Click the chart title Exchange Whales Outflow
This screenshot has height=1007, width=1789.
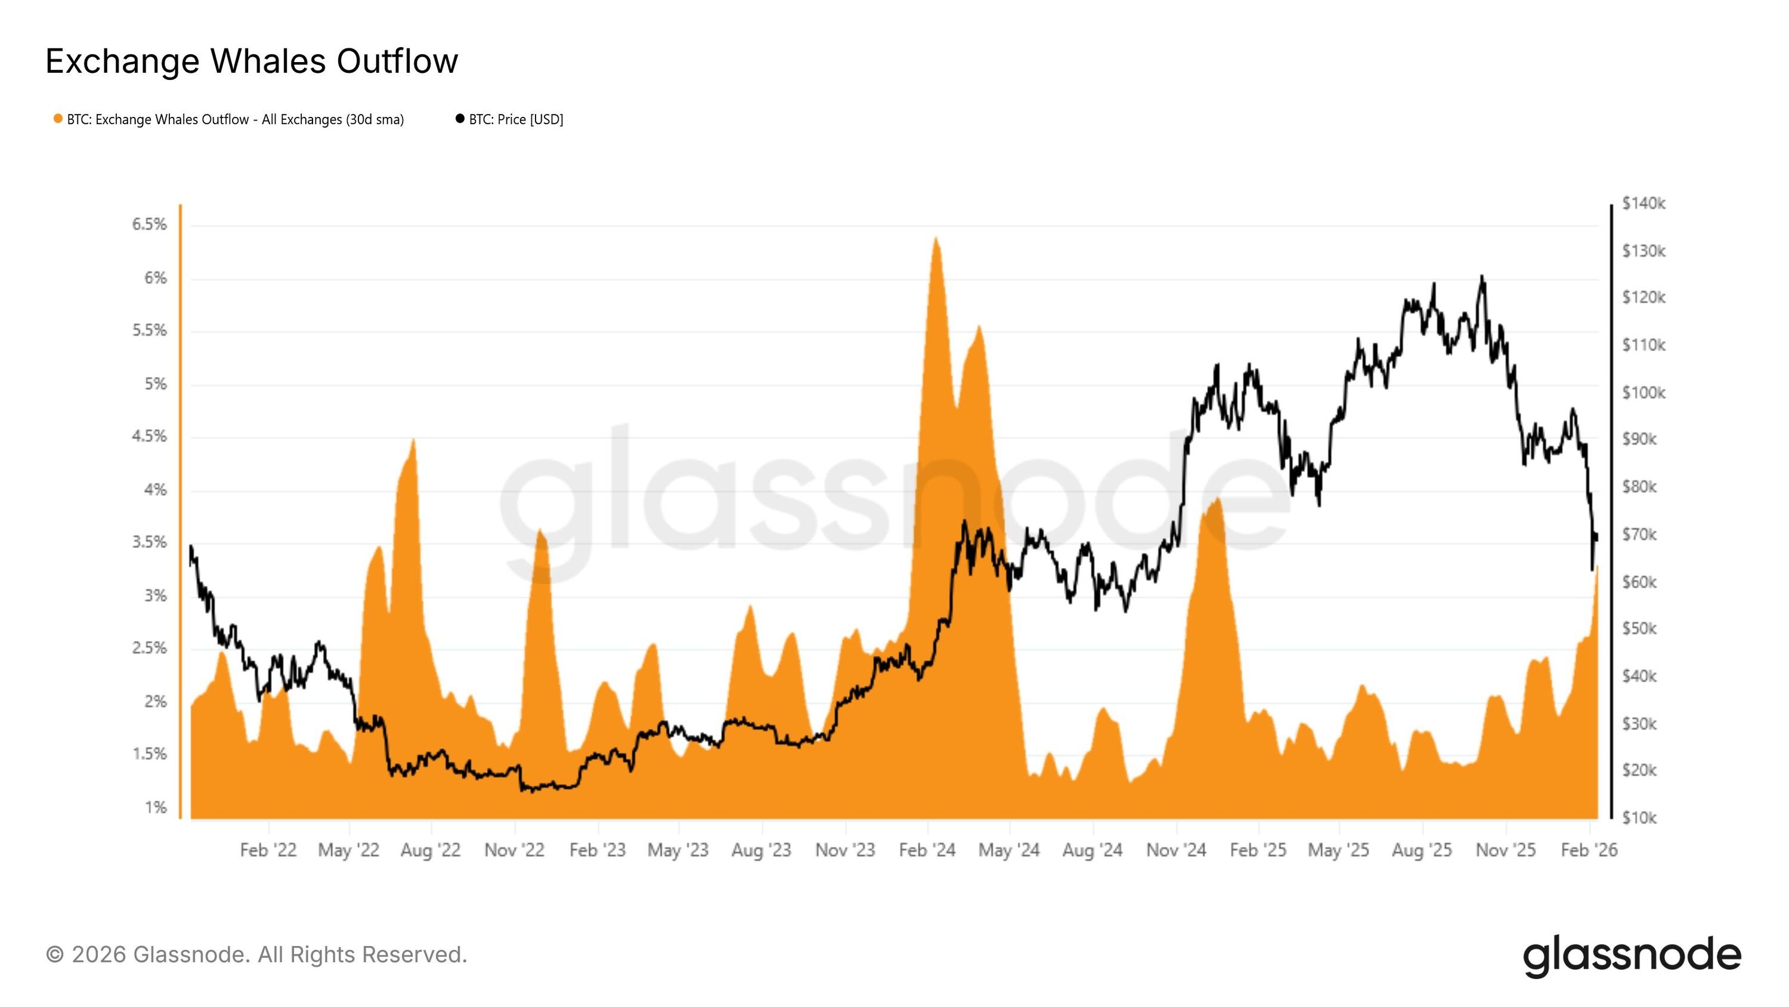252,61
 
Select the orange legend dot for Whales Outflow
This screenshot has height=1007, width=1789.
58,119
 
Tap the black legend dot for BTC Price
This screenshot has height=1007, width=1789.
460,119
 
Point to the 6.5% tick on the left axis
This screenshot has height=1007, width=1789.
149,224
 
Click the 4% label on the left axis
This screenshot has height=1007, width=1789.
156,490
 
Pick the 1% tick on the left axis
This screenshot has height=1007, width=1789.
156,808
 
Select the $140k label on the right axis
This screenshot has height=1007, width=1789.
1643,203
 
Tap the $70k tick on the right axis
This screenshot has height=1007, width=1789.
1639,535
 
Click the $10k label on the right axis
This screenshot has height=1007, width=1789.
1639,818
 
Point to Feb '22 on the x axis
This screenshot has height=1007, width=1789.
268,850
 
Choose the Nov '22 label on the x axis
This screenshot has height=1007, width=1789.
514,850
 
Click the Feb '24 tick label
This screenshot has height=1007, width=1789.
927,850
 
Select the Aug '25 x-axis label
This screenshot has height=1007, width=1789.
1422,850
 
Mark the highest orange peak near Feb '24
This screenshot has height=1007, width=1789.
936,239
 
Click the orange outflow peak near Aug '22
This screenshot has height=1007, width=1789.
413,440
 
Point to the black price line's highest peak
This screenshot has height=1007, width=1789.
1481,277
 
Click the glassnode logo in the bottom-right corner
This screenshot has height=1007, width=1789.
1632,956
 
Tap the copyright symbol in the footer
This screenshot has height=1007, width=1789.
55,955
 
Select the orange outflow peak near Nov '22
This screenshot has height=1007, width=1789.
540,531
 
